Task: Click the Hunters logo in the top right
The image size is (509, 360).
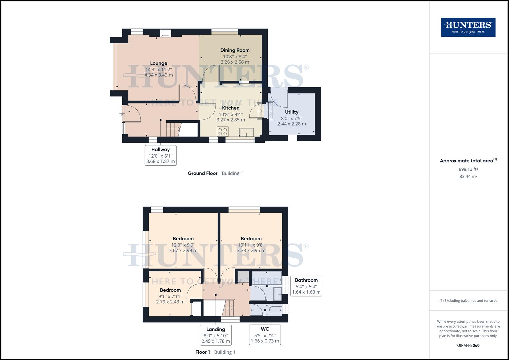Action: pos(468,27)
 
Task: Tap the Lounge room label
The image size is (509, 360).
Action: pos(159,63)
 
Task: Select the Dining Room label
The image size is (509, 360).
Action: pos(235,50)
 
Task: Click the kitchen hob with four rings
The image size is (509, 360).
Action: pos(222,131)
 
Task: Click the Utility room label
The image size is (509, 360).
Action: pos(292,112)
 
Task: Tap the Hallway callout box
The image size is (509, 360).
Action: pos(161,155)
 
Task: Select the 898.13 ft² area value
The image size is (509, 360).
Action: pos(468,169)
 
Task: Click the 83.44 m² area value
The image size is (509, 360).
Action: pos(468,176)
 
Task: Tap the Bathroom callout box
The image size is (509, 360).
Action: pos(306,286)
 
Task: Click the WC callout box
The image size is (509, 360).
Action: pos(265,335)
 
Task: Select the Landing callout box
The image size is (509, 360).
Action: pos(216,335)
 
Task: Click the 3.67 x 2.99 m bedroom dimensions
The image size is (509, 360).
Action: pos(183,250)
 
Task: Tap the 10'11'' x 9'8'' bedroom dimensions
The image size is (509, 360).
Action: pos(251,245)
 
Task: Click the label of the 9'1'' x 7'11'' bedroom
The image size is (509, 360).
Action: pos(170,290)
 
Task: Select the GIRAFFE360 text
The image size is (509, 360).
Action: pos(468,345)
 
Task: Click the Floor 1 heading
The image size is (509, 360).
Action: pos(203,352)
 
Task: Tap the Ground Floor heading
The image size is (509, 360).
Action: pos(202,173)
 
